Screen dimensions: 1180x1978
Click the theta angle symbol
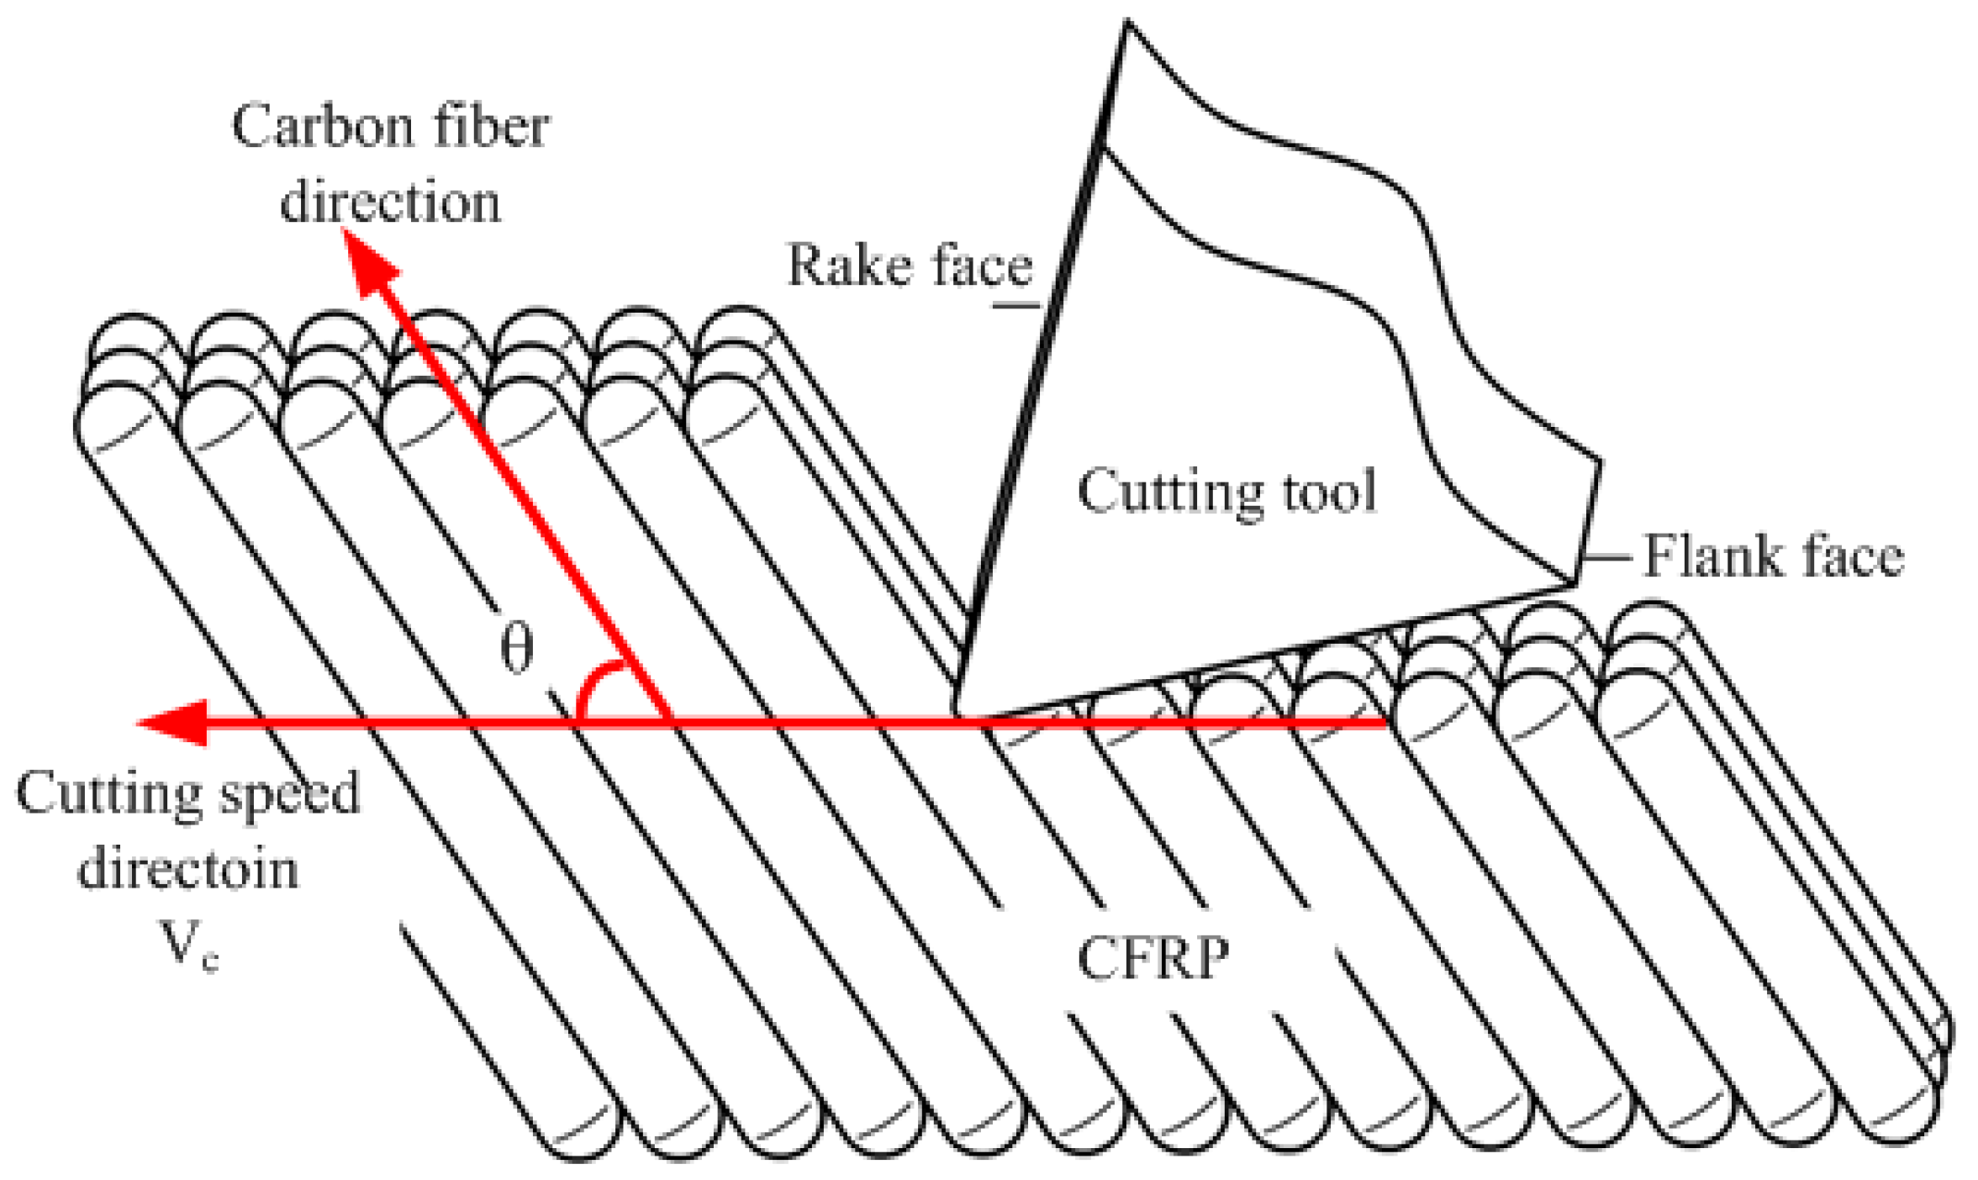(516, 649)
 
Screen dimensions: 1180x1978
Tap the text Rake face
(909, 266)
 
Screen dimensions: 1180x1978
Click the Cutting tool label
(1226, 492)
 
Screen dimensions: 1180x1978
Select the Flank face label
(1772, 556)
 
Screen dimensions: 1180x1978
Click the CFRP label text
(1153, 957)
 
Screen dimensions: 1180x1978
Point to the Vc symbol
(189, 946)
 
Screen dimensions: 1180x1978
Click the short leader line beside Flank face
(1606, 556)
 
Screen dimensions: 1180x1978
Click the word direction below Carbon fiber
(390, 203)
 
